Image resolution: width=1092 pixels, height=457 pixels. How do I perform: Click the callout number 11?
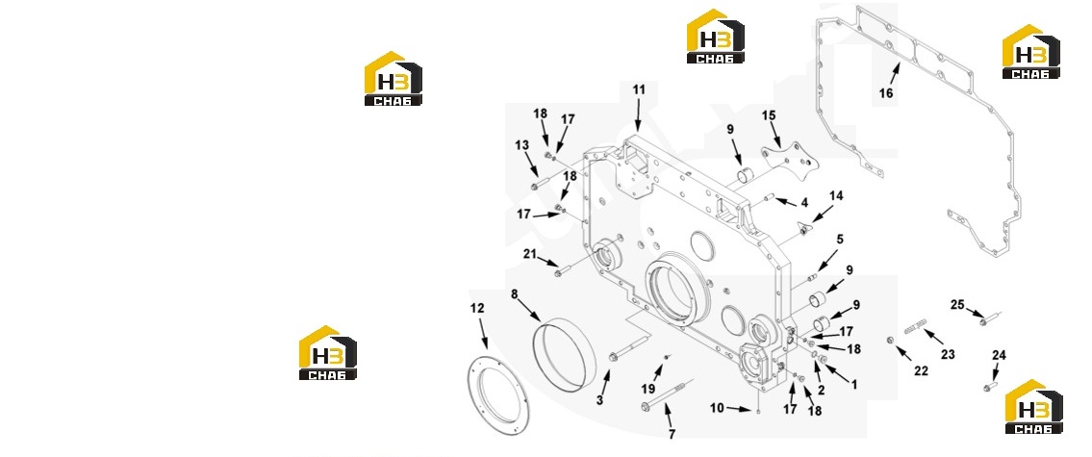639,89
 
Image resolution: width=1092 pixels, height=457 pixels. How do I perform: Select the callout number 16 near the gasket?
885,94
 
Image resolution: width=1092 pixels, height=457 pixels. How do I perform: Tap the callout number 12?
477,308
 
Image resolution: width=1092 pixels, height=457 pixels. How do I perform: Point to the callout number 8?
515,294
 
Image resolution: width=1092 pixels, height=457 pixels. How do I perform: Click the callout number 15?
768,114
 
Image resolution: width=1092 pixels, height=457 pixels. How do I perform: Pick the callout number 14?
836,195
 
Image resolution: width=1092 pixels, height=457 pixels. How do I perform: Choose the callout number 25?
957,304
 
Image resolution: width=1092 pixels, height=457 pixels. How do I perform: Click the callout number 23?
947,355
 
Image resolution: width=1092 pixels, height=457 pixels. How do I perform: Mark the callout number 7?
672,435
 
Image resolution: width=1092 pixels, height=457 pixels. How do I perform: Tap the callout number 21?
530,254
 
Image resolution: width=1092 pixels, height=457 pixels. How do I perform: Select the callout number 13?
522,145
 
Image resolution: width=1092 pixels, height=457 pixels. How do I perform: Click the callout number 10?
717,408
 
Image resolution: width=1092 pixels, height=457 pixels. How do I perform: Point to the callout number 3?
599,400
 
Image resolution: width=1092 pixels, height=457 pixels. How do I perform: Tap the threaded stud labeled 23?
917,326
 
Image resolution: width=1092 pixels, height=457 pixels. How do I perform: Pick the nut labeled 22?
890,340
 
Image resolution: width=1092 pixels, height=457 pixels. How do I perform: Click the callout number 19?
648,388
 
